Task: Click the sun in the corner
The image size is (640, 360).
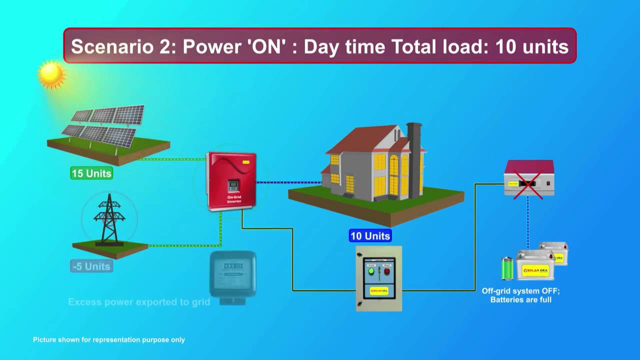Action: tap(51, 74)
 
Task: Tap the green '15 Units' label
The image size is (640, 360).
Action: tap(91, 173)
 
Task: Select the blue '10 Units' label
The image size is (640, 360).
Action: tap(370, 236)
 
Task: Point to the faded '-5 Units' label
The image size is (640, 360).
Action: tap(91, 266)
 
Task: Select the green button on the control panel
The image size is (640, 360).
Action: tap(371, 271)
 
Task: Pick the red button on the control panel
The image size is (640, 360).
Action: tap(386, 271)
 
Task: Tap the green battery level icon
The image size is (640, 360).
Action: tap(507, 268)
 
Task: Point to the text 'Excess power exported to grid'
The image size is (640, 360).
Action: tap(139, 302)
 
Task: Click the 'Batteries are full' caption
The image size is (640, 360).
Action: tap(521, 299)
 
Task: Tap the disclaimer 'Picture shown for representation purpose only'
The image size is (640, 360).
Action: tap(109, 339)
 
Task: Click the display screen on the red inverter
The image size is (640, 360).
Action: tap(233, 186)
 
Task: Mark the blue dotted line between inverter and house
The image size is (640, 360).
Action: tap(288, 182)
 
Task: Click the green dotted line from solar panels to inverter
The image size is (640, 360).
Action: tap(172, 159)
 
